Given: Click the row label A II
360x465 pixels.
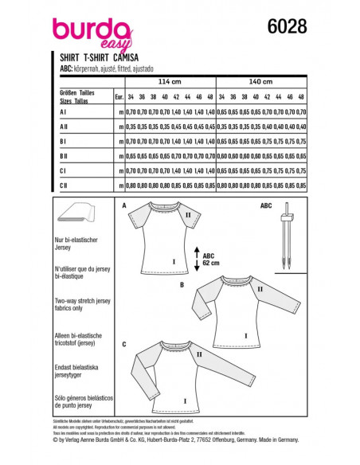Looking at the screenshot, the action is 64,126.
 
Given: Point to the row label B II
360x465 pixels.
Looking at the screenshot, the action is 64,156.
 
